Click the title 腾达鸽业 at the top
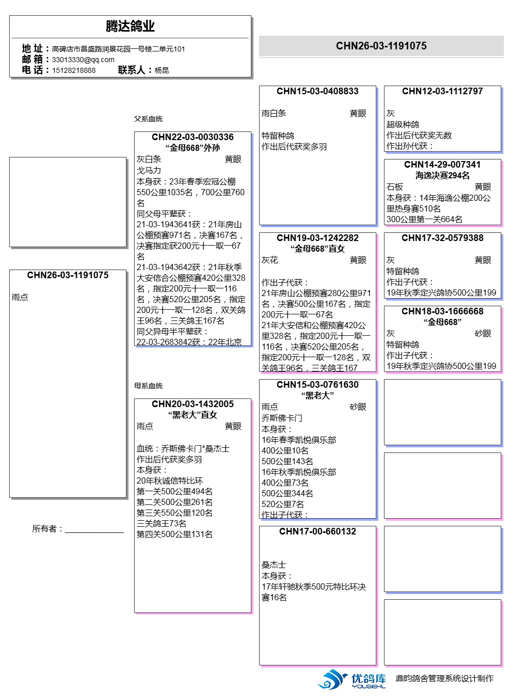pos(130,26)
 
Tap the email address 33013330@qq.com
pos(83,60)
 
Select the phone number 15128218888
pos(73,70)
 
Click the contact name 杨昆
pos(162,70)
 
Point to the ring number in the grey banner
pos(381,46)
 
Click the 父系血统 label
pos(148,119)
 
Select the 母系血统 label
pos(148,386)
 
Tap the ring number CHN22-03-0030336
pos(192,137)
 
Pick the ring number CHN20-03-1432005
pos(192,404)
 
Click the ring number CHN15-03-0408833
pos(317,91)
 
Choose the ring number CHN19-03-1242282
pos(317,238)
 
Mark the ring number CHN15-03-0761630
pos(317,385)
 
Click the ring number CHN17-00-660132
pos(317,531)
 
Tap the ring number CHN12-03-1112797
pos(442,91)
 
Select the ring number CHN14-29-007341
pos(442,165)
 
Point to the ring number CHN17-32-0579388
pos(442,238)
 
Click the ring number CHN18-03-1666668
pos(442,311)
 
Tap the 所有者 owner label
pos(47,529)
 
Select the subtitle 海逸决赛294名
pos(442,175)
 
